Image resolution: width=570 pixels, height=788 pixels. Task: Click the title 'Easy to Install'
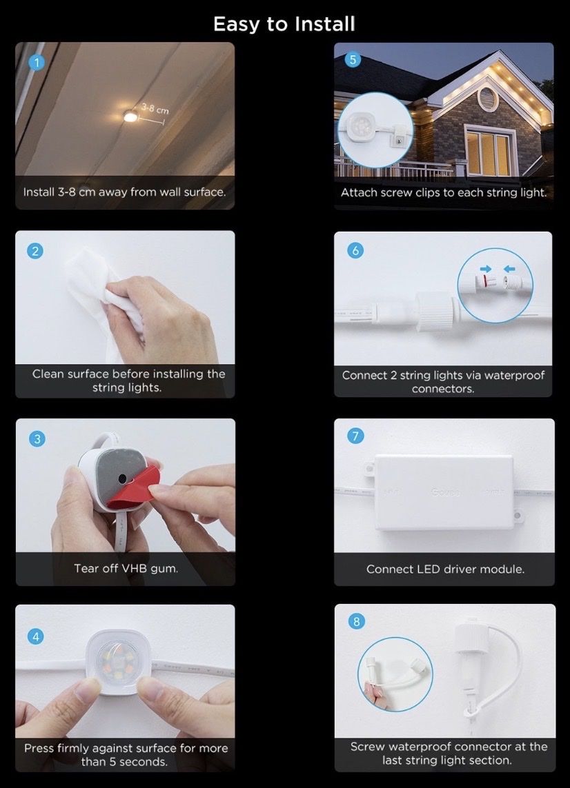click(x=284, y=24)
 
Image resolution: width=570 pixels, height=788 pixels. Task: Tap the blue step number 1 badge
click(x=36, y=62)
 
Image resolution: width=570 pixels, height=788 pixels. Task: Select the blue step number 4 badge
click(x=36, y=637)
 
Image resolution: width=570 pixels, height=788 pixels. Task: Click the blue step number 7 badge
click(x=355, y=436)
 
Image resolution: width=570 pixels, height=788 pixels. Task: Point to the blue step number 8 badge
click(x=357, y=622)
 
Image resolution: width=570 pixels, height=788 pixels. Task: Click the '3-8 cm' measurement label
click(x=155, y=108)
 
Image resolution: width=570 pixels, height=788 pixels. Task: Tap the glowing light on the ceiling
click(x=130, y=117)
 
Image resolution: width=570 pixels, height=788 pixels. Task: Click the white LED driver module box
click(x=444, y=492)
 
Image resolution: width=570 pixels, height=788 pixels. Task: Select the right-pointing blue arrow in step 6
click(x=486, y=269)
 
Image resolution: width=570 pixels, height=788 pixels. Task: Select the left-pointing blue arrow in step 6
click(x=510, y=269)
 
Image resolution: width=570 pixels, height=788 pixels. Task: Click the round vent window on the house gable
click(x=487, y=96)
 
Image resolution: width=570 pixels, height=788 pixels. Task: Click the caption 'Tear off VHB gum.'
click(x=126, y=568)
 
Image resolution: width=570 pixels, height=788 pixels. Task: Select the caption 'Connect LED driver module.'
click(x=445, y=569)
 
